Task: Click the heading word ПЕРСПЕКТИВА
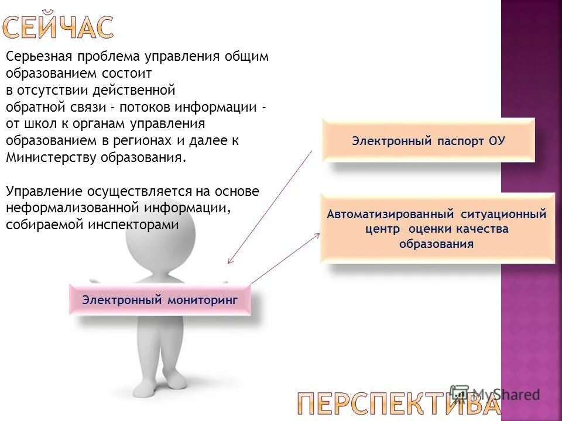coord(398,403)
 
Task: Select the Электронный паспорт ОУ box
coord(428,141)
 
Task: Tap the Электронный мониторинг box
coord(160,300)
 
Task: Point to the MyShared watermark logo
coord(495,394)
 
